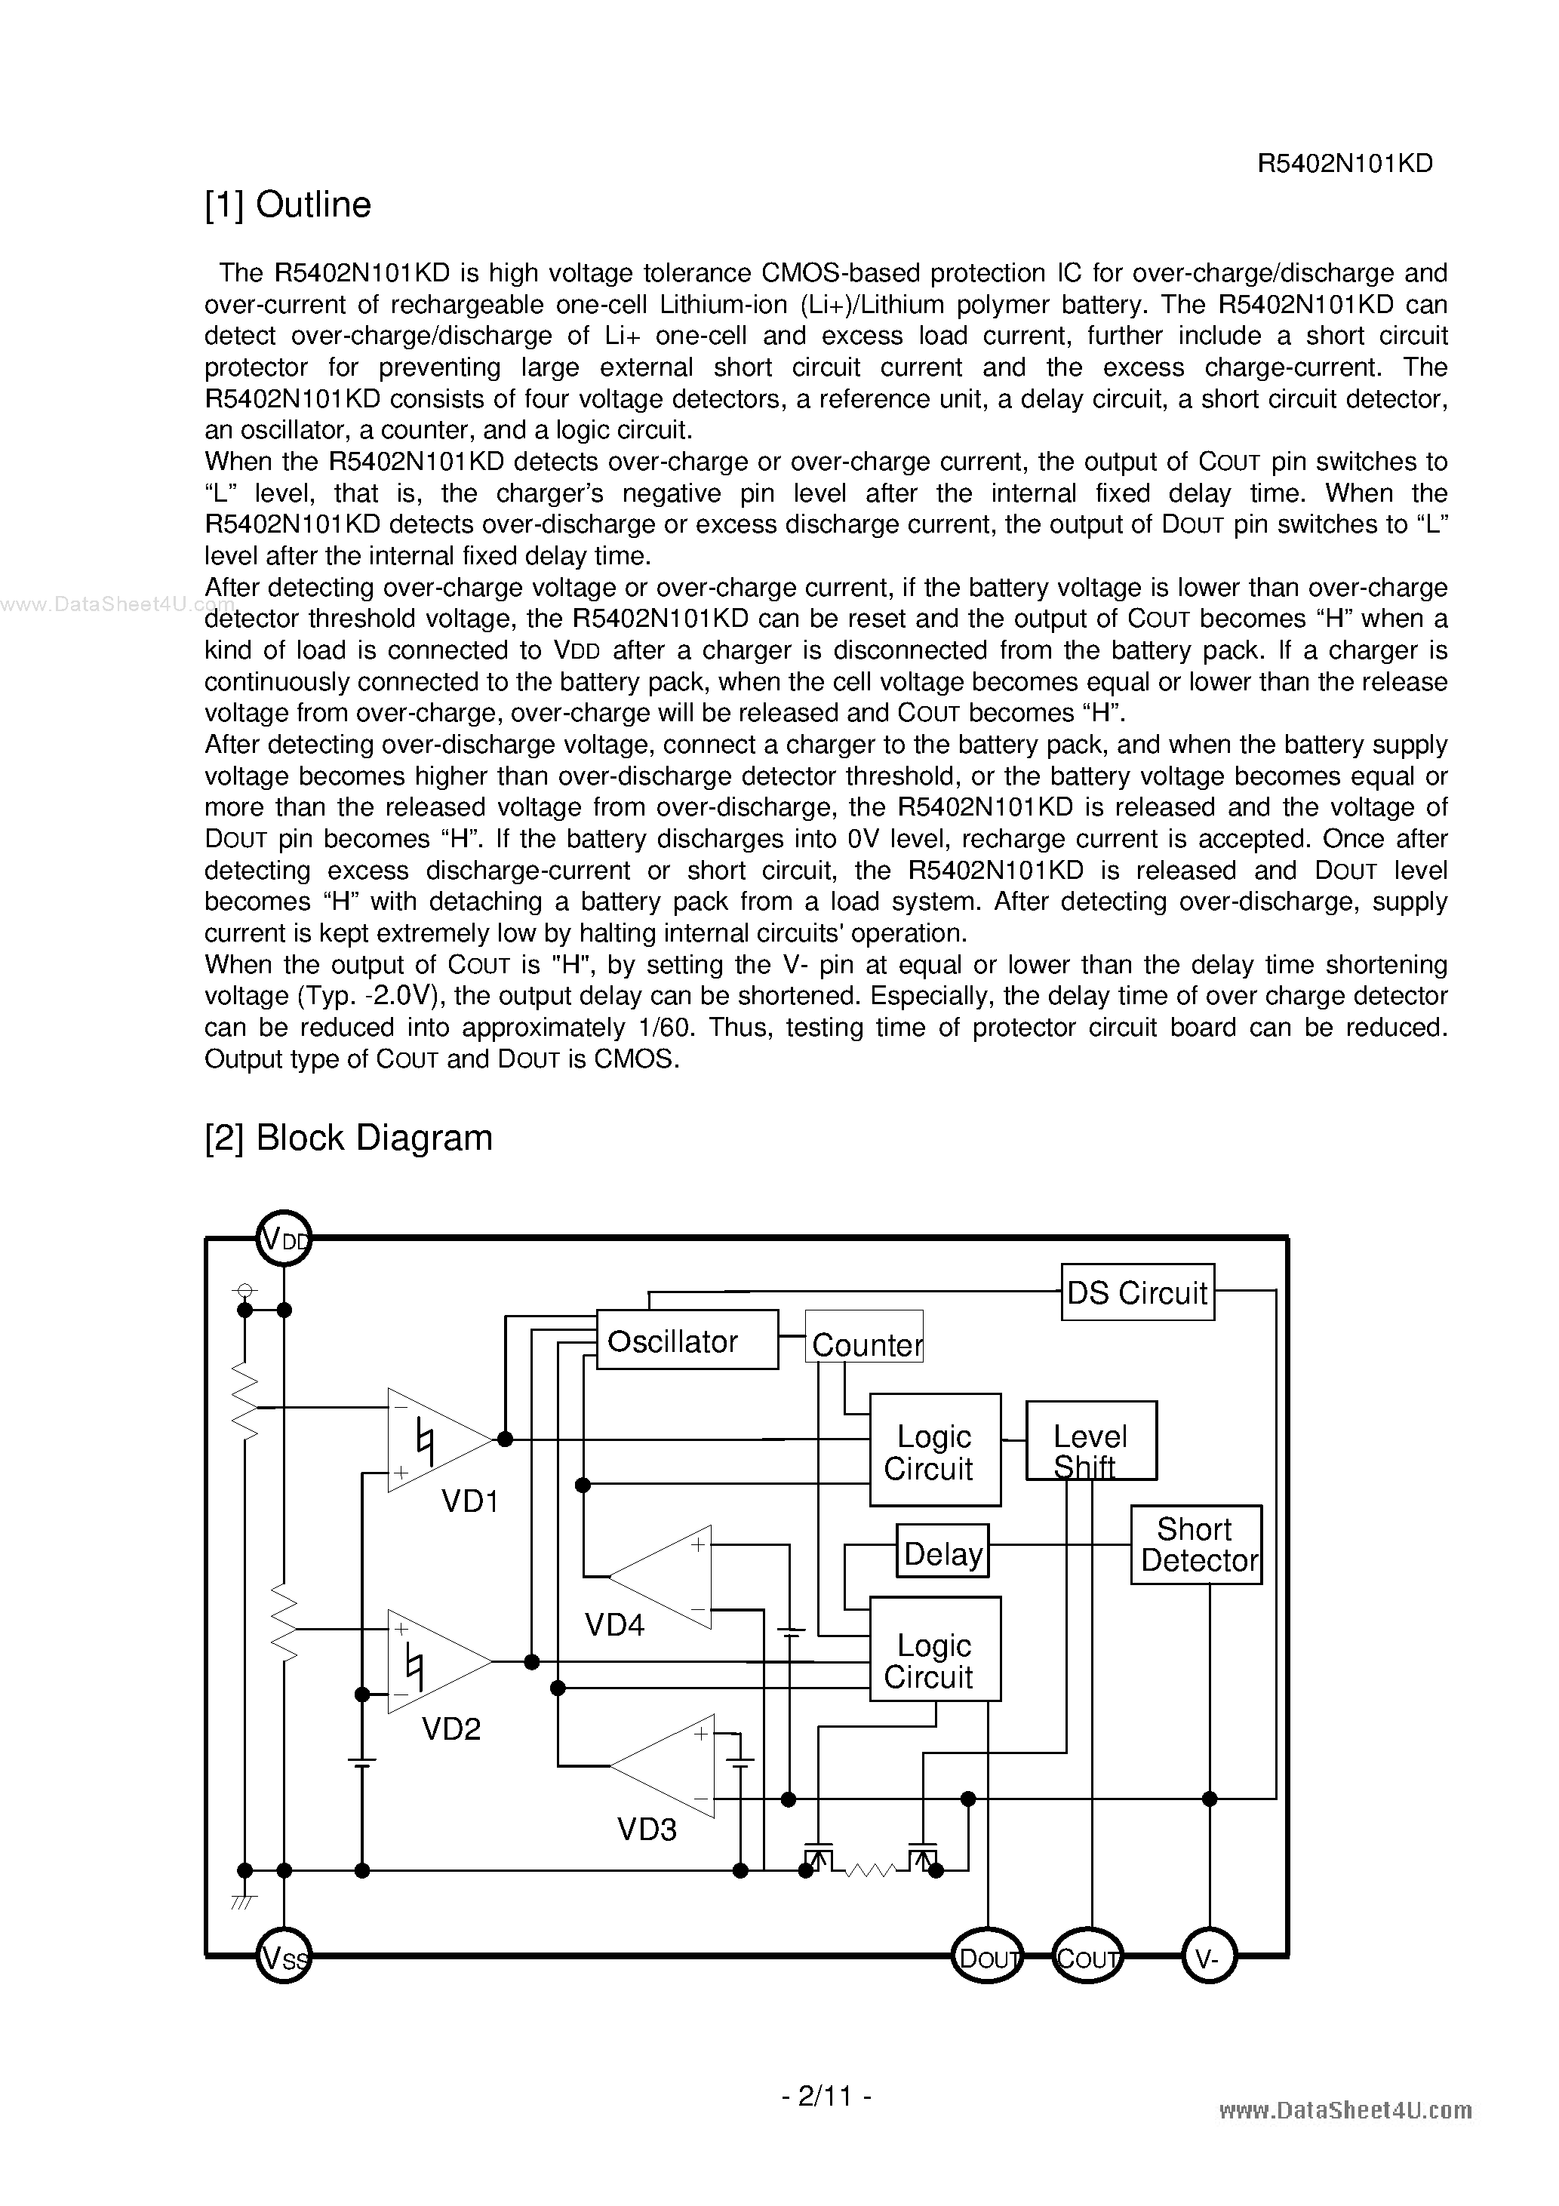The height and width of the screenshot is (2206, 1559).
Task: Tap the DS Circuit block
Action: tap(1137, 1292)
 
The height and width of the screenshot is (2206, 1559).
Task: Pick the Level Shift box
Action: tap(1091, 1440)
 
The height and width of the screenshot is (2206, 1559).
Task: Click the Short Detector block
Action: tap(1196, 1545)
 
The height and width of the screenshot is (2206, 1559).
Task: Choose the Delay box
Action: tap(942, 1550)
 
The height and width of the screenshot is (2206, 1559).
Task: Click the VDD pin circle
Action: tap(284, 1240)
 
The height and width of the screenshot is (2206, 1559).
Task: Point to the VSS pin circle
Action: tap(284, 1956)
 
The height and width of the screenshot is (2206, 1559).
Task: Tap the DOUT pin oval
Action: tap(988, 1956)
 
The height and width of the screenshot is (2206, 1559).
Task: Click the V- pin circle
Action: tap(1209, 1956)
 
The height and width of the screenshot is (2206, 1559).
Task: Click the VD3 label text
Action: tap(647, 1830)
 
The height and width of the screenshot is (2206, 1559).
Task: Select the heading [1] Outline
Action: tap(288, 204)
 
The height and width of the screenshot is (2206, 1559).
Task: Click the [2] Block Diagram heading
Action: tap(348, 1138)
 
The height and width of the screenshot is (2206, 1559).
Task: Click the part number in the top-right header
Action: tap(1345, 163)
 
